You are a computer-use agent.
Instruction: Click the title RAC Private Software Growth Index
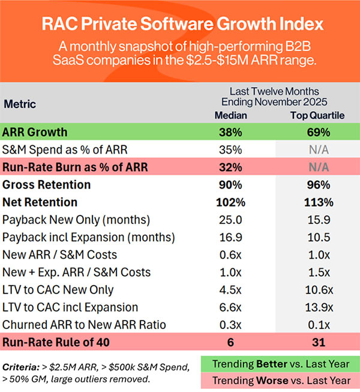[x=179, y=26]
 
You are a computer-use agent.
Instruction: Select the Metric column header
[x=20, y=104]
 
